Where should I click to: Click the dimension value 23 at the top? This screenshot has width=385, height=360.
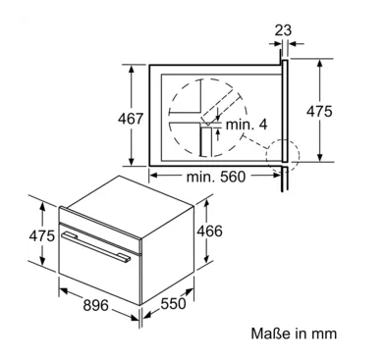tap(283, 30)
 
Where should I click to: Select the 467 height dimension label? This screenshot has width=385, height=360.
tap(131, 119)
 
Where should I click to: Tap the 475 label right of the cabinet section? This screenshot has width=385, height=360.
tap(319, 112)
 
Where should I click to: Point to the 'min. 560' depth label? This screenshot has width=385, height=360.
tap(216, 177)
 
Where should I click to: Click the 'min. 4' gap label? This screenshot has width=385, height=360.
tap(247, 125)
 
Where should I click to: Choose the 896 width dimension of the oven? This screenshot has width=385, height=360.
tap(95, 305)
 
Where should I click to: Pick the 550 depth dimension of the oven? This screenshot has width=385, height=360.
tap(173, 304)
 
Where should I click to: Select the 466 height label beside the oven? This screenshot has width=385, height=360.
tap(209, 231)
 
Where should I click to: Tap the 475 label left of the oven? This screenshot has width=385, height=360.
tap(42, 235)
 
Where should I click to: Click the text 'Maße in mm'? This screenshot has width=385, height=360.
tap(294, 334)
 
